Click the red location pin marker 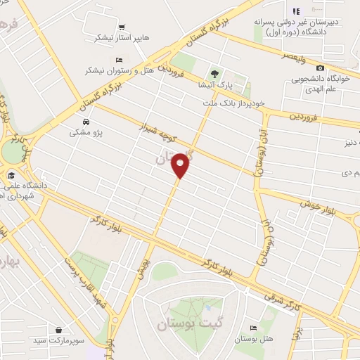(181, 166)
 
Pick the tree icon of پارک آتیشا (214, 73)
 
